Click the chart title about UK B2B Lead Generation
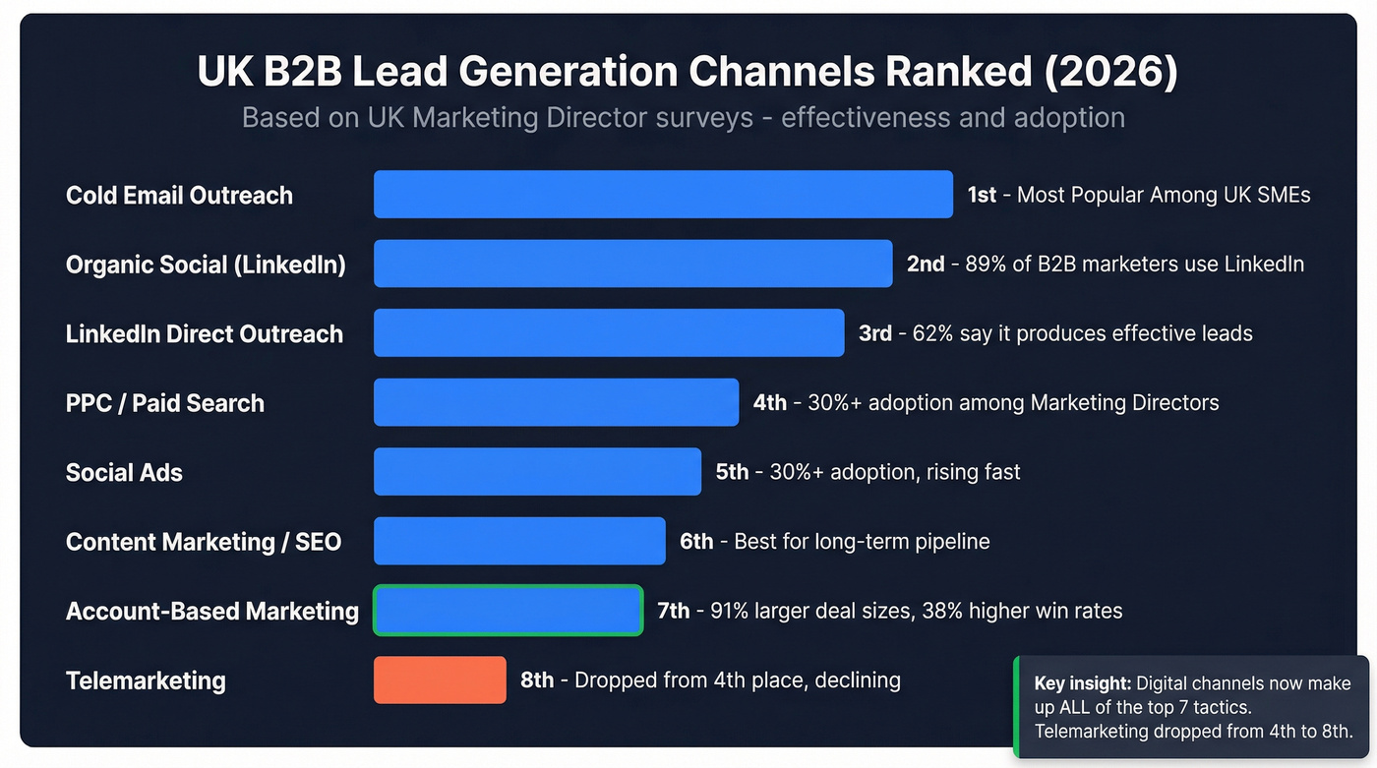(688, 73)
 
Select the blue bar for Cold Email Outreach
(663, 195)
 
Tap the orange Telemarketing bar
(440, 680)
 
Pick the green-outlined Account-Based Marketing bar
(508, 611)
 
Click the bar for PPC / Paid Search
(556, 402)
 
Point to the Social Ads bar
(537, 472)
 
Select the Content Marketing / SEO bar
(519, 542)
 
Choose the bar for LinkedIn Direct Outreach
(609, 333)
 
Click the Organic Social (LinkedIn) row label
(206, 265)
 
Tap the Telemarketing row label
(146, 680)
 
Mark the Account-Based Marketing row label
(211, 611)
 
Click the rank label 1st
(982, 195)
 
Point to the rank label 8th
(537, 680)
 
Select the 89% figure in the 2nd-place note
(987, 265)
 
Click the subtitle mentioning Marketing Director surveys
(683, 118)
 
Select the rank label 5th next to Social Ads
(732, 472)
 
